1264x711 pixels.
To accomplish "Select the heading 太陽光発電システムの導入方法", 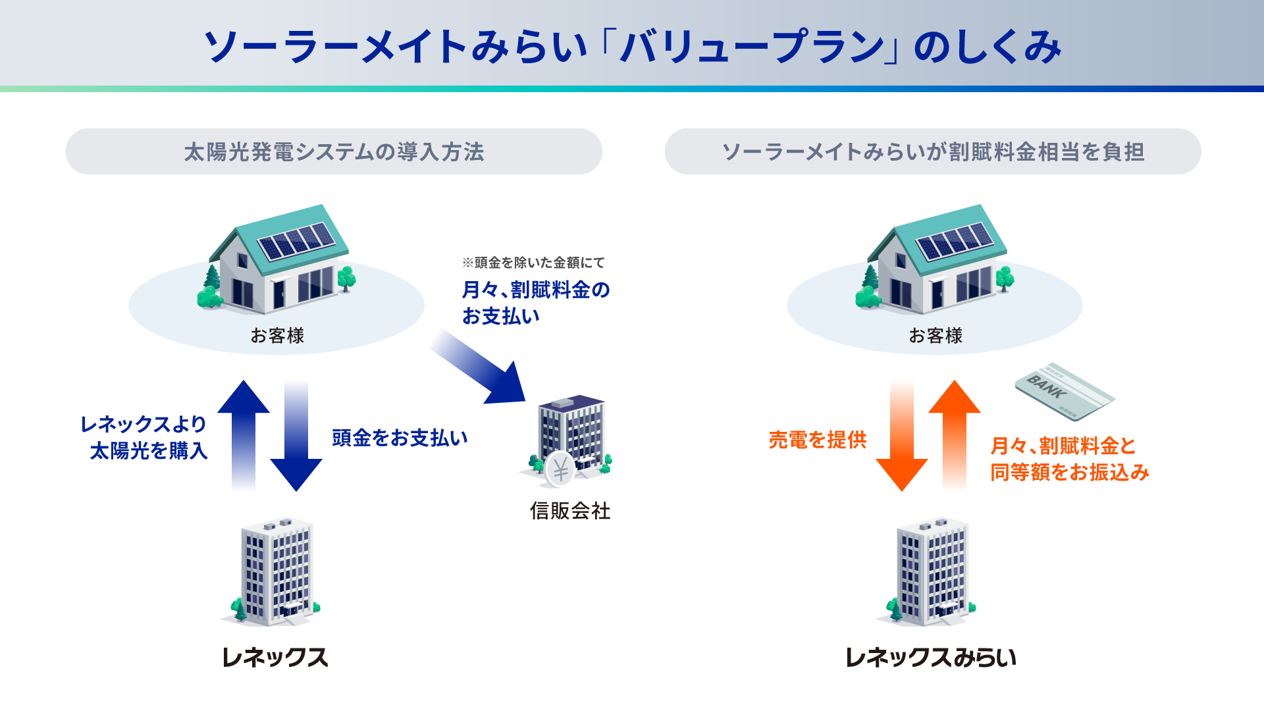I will (334, 152).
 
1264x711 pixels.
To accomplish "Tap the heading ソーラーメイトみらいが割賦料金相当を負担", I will (933, 152).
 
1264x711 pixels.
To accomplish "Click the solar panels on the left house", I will (296, 241).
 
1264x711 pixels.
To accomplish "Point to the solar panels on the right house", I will (954, 241).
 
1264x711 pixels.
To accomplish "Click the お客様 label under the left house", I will (277, 336).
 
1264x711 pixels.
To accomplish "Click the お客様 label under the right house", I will (935, 336).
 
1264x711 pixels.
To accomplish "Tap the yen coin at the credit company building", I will (560, 469).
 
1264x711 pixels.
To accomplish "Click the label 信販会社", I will (570, 511).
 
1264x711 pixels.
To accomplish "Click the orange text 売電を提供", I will (818, 440).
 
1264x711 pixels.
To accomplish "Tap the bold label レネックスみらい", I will (930, 657).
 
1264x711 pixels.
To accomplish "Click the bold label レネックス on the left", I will (275, 657).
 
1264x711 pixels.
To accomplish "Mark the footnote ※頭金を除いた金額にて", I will (533, 263).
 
